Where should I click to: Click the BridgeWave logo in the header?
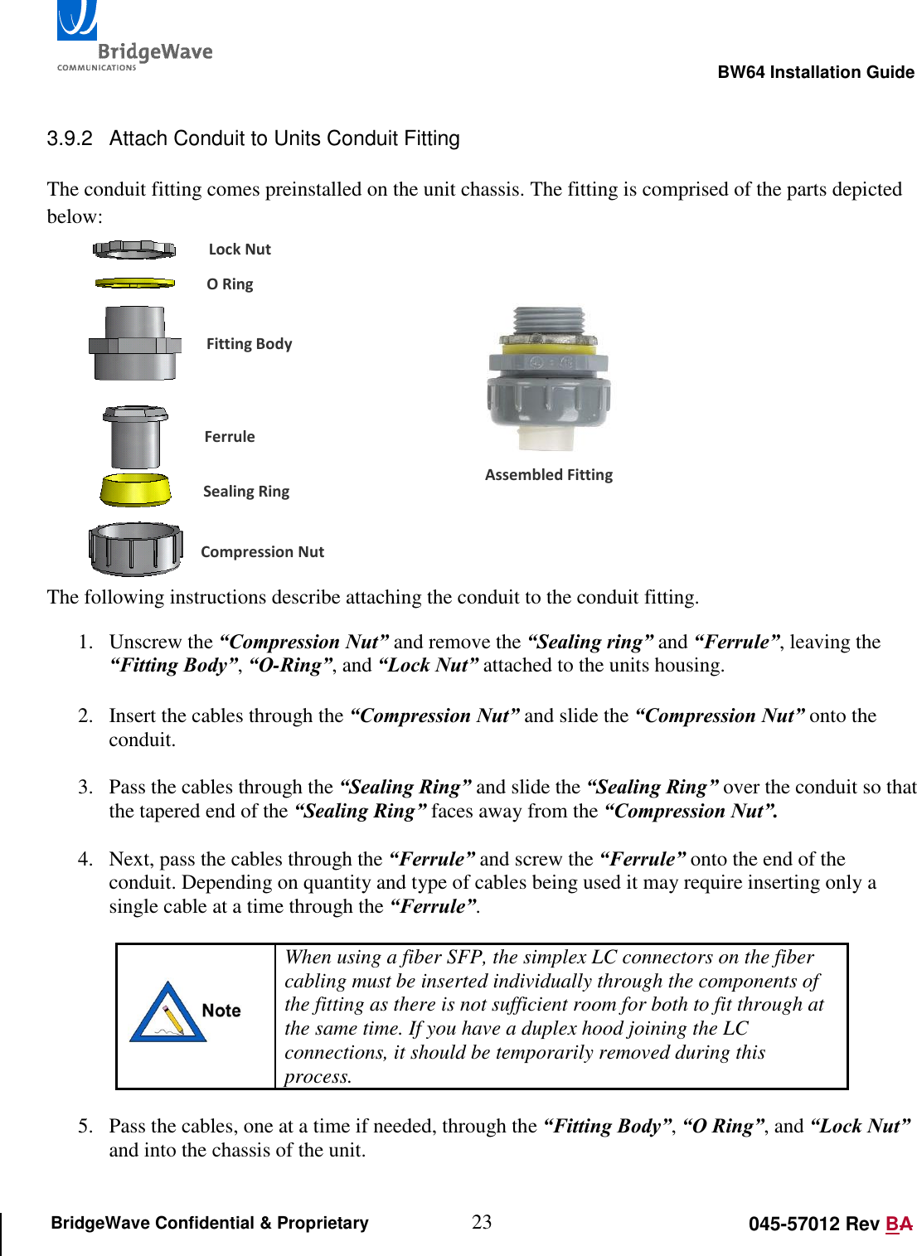(133, 37)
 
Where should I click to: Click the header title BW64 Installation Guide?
(815, 72)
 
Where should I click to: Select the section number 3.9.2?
(70, 138)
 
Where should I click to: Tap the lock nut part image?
(134, 249)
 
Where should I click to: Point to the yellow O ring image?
(134, 284)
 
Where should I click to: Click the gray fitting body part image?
(134, 343)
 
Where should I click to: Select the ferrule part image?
(134, 437)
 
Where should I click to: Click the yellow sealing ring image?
(134, 490)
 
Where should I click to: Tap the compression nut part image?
(135, 549)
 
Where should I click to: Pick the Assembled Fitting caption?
(549, 475)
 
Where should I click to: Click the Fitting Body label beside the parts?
(249, 344)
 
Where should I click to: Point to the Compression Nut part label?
(262, 552)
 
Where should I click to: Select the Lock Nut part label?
(240, 250)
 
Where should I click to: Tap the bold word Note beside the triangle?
(221, 1011)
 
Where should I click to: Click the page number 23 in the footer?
(482, 1222)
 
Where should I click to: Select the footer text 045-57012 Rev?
(813, 1224)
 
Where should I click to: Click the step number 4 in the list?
(85, 860)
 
